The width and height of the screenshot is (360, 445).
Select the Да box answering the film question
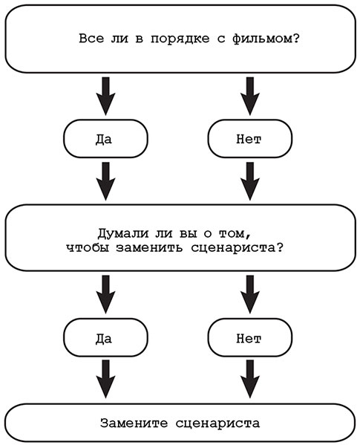coord(106,139)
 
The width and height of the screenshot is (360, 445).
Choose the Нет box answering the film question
coord(248,139)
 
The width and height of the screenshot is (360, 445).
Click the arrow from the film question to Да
coord(106,94)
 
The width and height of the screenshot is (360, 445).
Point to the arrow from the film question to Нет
coord(248,94)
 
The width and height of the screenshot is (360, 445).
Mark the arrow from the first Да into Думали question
coord(106,183)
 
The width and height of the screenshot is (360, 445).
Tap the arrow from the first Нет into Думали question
coord(248,183)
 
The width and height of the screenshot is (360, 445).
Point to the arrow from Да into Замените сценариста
coord(106,381)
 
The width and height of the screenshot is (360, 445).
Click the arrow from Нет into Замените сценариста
coord(248,381)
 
